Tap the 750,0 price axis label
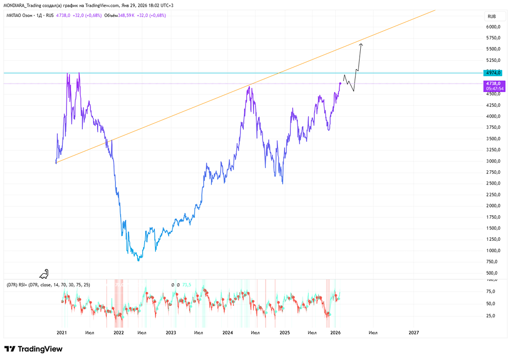[x=493, y=262]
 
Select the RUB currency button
[x=493, y=16]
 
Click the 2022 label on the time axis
[x=119, y=332]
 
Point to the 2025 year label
[x=285, y=332]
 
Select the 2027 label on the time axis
[x=414, y=332]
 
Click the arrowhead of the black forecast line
[x=361, y=44]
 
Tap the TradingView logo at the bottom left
[x=33, y=349]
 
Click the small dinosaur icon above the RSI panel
[x=44, y=274]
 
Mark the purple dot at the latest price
[x=340, y=83]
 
